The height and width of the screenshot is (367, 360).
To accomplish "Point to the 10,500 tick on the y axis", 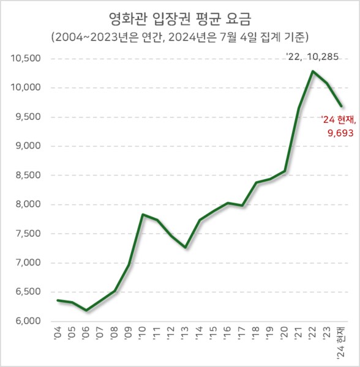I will click(x=25, y=59).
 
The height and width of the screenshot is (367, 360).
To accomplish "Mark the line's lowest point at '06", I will click(x=86, y=311).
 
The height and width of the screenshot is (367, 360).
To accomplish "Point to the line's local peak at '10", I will click(x=143, y=215).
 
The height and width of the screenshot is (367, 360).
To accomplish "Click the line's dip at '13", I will click(x=185, y=247).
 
